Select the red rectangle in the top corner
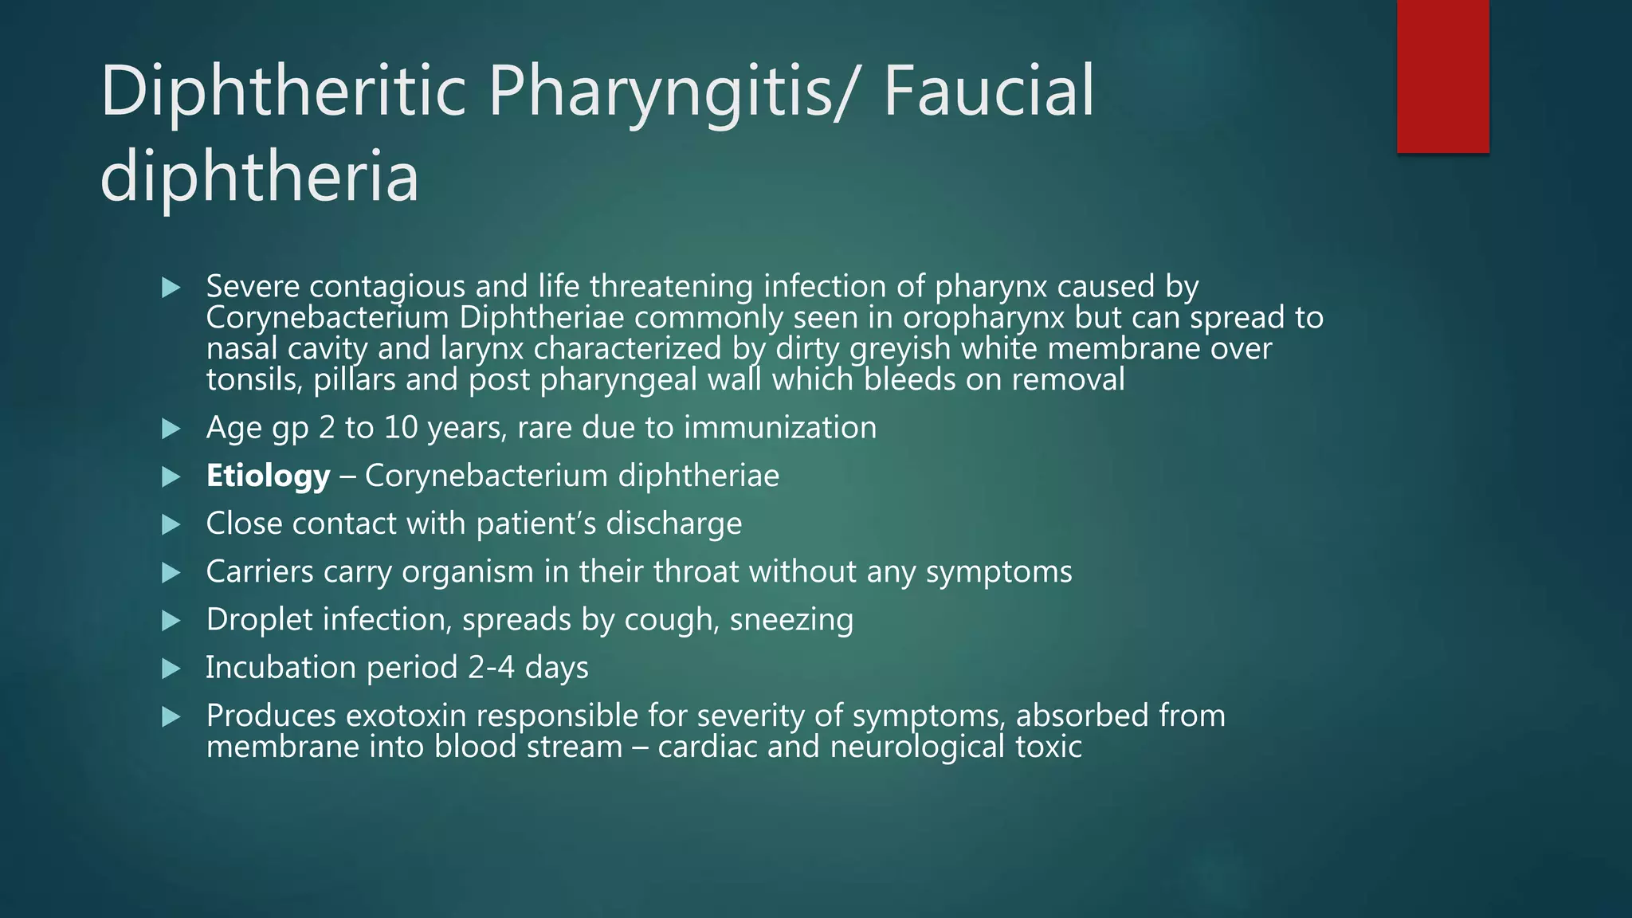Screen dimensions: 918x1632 click(x=1442, y=76)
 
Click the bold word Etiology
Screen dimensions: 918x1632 click(x=268, y=476)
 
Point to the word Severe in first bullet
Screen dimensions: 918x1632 click(x=253, y=286)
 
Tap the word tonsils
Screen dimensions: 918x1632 click(x=253, y=380)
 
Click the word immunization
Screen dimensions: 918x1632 click(x=780, y=428)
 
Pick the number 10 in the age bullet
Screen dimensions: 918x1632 click(x=401, y=428)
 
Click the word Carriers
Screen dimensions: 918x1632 click(x=260, y=571)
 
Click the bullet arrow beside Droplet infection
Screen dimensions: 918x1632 click(x=171, y=620)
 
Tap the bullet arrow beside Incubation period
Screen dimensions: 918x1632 click(x=171, y=668)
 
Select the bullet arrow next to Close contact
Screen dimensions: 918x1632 click(x=171, y=524)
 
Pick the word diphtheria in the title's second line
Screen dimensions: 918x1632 click(x=259, y=177)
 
